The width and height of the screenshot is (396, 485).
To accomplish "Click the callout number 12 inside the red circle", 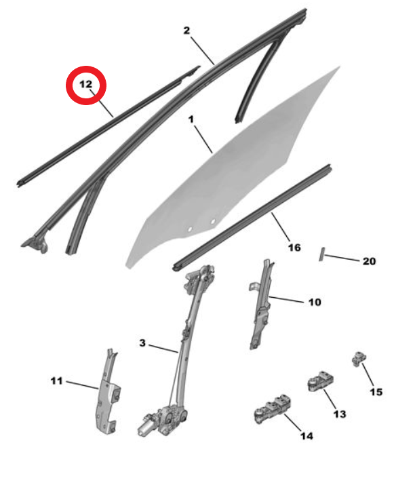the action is [86, 84].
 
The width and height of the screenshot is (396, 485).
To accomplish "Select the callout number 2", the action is [186, 31].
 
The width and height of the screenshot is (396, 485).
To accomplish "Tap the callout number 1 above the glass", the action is [191, 119].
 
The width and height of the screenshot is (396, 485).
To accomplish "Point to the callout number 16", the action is [294, 248].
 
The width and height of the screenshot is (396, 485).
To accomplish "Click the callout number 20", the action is [369, 261].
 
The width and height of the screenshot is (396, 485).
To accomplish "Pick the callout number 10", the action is [315, 303].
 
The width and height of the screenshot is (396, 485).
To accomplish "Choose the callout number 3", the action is [142, 343].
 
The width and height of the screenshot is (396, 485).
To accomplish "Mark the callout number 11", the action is [56, 381].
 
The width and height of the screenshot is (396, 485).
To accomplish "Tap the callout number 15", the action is [376, 392].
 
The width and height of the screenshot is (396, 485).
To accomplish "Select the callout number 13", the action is [340, 414].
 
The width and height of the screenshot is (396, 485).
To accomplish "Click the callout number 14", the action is [306, 435].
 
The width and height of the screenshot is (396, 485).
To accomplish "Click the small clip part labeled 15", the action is [359, 359].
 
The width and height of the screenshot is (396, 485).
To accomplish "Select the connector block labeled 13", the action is [321, 381].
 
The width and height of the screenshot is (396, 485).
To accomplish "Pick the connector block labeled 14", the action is [273, 408].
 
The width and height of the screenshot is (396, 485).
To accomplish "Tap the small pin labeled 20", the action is [321, 254].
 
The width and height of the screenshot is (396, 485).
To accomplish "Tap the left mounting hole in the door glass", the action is [190, 229].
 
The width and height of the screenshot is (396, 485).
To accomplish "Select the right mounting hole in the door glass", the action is [213, 221].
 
